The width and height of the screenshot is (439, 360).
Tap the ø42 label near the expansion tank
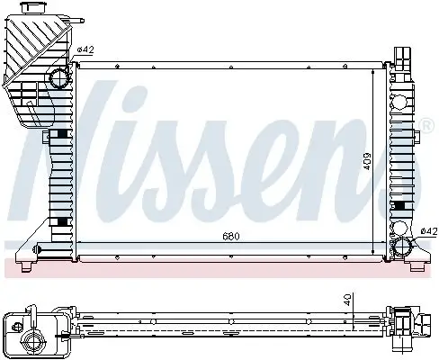tap(85, 49)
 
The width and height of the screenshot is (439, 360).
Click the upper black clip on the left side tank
tap(61, 134)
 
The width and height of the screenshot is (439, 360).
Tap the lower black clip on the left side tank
tap(61, 221)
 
